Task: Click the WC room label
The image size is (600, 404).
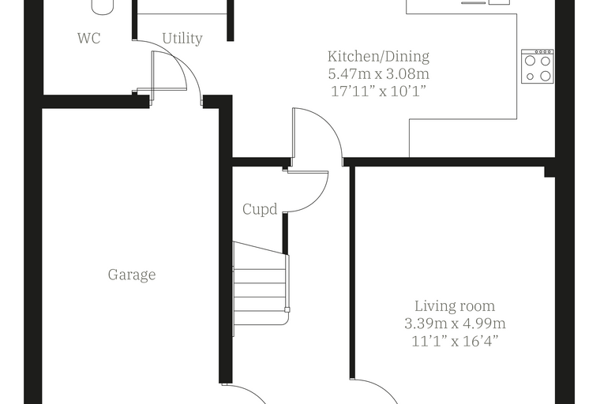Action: [88, 38]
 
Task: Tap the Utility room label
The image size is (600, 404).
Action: [182, 39]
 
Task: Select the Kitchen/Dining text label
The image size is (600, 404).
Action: [378, 56]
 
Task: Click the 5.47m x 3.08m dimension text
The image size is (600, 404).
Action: [378, 74]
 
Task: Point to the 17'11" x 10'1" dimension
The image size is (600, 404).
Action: [378, 92]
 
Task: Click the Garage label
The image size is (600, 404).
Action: [132, 275]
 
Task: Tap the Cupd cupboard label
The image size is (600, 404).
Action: [260, 209]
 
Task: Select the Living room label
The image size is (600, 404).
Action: [455, 306]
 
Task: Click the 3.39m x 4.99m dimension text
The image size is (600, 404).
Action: [455, 324]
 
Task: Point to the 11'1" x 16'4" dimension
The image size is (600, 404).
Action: [455, 341]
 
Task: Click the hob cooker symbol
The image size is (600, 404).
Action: [538, 66]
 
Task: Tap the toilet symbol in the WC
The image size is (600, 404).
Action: [103, 7]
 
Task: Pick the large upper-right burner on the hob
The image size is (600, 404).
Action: [546, 61]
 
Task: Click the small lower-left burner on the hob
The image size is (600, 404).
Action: [530, 77]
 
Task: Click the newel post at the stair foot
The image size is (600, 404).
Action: [287, 310]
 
